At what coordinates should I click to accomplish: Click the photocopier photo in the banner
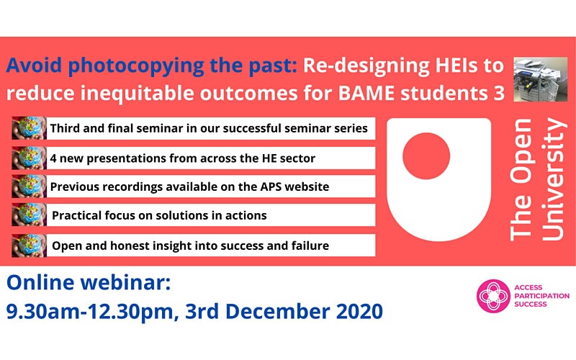point(541,79)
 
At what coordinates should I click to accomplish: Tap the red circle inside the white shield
point(426,156)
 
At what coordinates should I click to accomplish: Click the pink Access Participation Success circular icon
point(493,296)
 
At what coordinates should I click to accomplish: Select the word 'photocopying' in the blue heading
point(136,66)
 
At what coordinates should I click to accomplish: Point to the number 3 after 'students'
point(499,94)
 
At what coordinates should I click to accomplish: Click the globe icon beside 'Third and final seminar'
point(29,128)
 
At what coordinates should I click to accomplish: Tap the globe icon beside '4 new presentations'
point(29,158)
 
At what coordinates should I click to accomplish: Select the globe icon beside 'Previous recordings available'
point(29,186)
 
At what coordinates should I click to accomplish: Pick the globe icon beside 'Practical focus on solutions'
point(29,215)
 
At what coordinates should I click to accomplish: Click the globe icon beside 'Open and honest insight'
point(29,246)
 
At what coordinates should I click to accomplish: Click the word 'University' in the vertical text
point(554,179)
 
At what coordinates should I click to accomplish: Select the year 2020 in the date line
point(359,312)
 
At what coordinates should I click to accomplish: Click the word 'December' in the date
point(277,312)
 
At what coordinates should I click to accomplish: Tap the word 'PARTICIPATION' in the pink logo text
point(542,296)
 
